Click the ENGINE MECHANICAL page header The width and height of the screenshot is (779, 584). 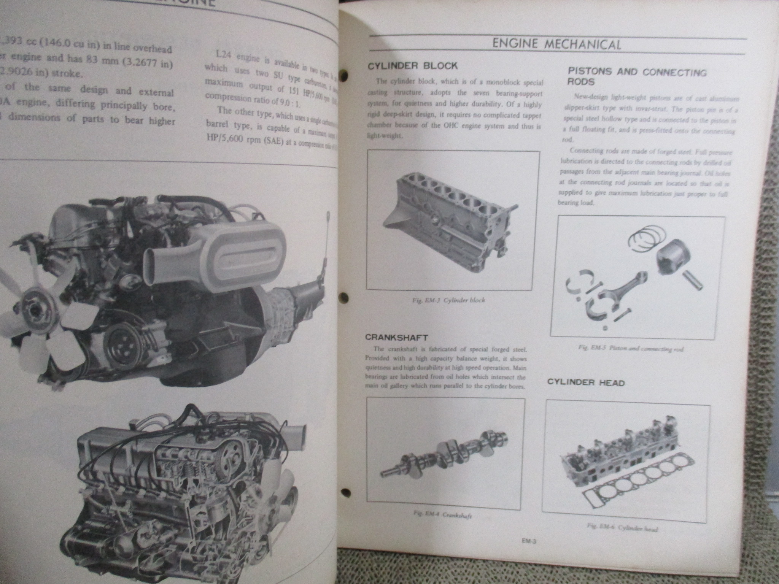pyautogui.click(x=556, y=44)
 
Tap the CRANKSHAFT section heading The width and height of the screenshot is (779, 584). pyautogui.click(x=396, y=337)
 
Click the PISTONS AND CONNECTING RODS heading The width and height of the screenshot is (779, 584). pyautogui.click(x=637, y=76)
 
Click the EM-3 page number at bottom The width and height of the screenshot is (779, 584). pyautogui.click(x=529, y=554)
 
